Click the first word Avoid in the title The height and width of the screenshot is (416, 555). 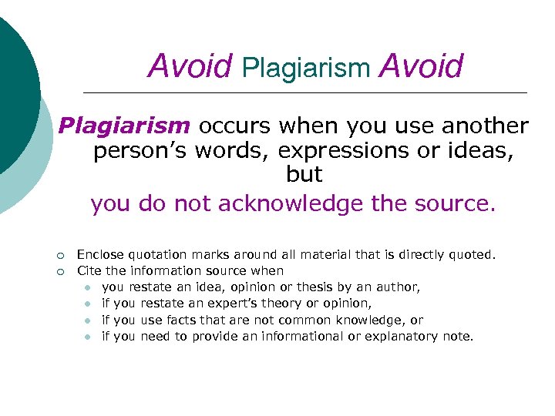click(x=190, y=66)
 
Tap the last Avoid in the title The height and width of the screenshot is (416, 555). click(x=422, y=66)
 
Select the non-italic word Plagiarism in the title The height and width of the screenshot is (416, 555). click(x=306, y=68)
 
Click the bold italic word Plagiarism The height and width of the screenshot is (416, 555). click(x=124, y=126)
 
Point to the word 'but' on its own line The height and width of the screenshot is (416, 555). click(x=304, y=176)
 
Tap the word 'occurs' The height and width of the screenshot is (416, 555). click(x=235, y=126)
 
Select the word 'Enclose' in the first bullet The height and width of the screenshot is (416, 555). click(x=101, y=254)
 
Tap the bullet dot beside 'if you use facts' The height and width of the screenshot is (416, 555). click(x=89, y=320)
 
